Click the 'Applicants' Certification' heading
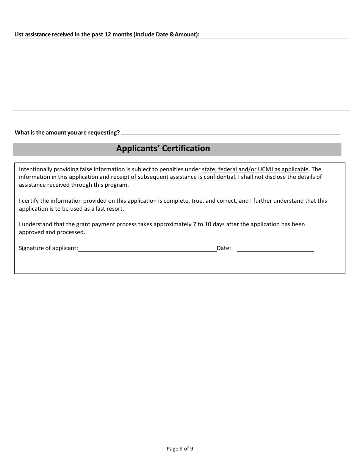[x=163, y=149]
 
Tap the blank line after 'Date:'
[x=275, y=249]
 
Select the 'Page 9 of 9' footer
[x=180, y=449]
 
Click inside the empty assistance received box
[x=181, y=75]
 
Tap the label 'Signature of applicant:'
[x=49, y=249]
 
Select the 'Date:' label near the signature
[x=224, y=249]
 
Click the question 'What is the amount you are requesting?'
[x=67, y=133]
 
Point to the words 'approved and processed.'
[x=52, y=232]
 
